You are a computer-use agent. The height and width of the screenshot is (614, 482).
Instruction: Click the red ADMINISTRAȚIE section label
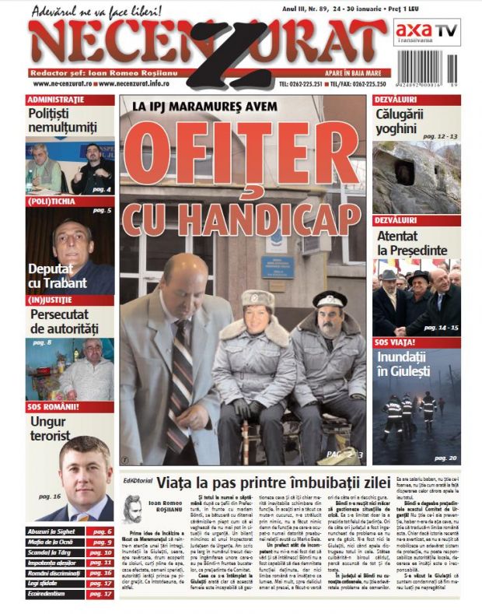click(56, 100)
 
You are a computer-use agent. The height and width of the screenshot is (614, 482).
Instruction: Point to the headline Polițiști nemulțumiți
click(62, 121)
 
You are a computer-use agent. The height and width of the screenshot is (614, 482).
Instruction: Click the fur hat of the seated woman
click(257, 299)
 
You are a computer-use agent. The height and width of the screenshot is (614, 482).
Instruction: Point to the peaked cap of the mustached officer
click(330, 300)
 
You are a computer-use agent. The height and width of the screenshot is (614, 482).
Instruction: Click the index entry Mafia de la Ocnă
click(55, 542)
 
